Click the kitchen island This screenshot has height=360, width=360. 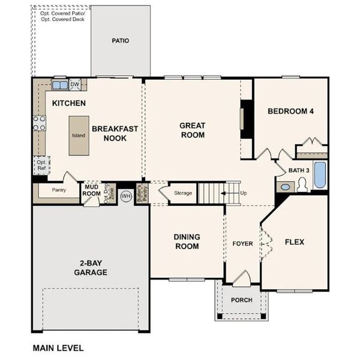click(x=79, y=136)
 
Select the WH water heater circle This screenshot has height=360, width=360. click(x=126, y=196)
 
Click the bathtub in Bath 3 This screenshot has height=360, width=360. click(x=320, y=175)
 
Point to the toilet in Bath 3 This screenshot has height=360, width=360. click(x=301, y=185)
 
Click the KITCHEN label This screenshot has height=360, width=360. click(x=68, y=103)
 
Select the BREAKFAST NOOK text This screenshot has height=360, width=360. click(x=115, y=133)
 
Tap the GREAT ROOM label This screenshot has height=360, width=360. click(x=193, y=130)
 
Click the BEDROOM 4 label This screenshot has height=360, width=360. click(x=290, y=111)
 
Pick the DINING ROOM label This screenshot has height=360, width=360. click(x=187, y=241)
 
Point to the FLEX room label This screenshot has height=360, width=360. click(x=294, y=242)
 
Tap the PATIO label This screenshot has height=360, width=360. click(x=121, y=41)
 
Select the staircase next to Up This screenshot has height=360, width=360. click(x=212, y=193)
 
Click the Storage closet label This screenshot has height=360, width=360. click(x=183, y=193)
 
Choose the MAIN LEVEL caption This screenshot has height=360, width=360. click(x=58, y=348)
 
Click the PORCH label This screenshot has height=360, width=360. click(x=241, y=300)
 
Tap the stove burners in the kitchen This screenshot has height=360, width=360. click(x=39, y=123)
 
